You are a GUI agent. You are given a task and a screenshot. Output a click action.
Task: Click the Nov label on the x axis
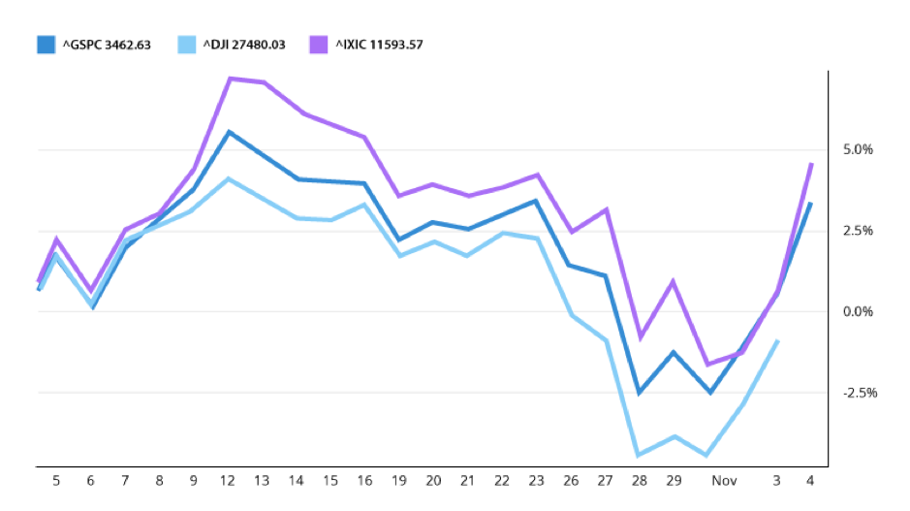[724, 481]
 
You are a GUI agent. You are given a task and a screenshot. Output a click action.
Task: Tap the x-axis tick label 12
[229, 481]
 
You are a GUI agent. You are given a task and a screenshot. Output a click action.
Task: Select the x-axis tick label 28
[639, 481]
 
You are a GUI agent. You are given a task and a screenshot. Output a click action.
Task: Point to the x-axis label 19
[399, 481]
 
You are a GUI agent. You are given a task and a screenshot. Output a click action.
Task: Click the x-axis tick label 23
[537, 481]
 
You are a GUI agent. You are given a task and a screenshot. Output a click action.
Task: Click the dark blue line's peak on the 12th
[229, 132]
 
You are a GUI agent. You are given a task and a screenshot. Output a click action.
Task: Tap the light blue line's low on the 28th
[639, 455]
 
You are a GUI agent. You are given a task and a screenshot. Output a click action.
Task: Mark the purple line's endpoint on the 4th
[810, 164]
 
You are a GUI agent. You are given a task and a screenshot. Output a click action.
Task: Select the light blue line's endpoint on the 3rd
[777, 341]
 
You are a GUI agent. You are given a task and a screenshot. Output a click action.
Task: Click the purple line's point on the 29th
[673, 282]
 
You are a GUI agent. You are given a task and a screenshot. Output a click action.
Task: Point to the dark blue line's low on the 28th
[639, 393]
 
